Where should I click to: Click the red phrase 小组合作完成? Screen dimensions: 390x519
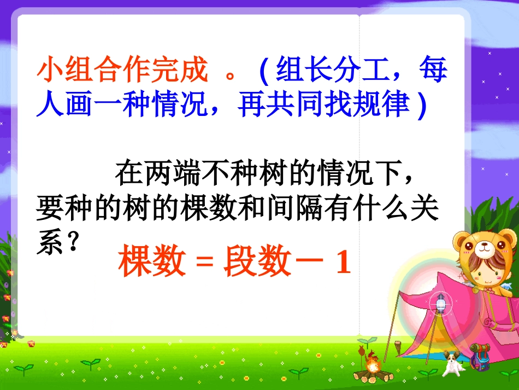[x=122, y=71]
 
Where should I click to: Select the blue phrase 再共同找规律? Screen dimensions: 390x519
[x=324, y=105]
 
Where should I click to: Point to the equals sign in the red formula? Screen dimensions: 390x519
[x=203, y=264]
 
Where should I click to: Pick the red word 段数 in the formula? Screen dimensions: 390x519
[x=256, y=263]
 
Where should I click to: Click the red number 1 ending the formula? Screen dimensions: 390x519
[x=343, y=264]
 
